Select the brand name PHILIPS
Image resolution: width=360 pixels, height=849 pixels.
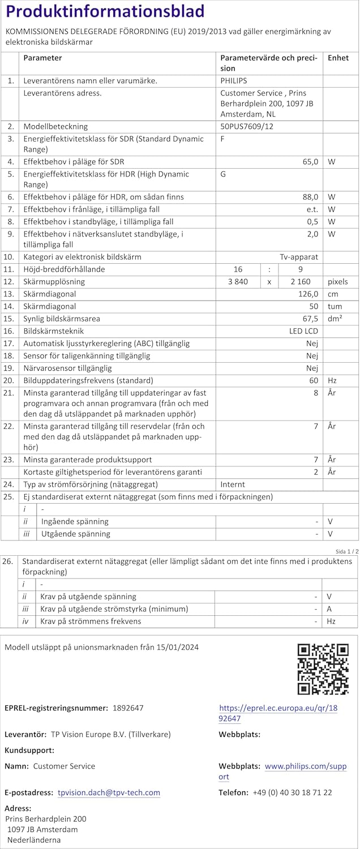[x=234, y=81]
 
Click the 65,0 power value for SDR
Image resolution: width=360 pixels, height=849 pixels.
[x=310, y=162]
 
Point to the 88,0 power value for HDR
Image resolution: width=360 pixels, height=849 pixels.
[x=310, y=197]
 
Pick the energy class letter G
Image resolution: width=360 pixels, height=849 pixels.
[x=223, y=174]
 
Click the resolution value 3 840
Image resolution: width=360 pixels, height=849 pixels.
[x=238, y=282]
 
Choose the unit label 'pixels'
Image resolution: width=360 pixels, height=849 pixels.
[x=338, y=282]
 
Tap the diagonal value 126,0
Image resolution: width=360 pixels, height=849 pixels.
[x=308, y=294]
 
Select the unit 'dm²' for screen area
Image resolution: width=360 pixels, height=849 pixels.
[x=335, y=319]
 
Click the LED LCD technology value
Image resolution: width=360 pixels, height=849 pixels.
[x=303, y=331]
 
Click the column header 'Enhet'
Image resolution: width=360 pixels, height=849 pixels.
[x=338, y=58]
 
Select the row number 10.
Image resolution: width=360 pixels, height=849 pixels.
[x=9, y=257]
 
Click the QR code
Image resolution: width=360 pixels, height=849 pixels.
[x=323, y=669]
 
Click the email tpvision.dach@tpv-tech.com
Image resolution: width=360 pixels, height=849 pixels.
[x=109, y=793]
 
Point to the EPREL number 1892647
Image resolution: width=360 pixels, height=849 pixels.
[x=128, y=707]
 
